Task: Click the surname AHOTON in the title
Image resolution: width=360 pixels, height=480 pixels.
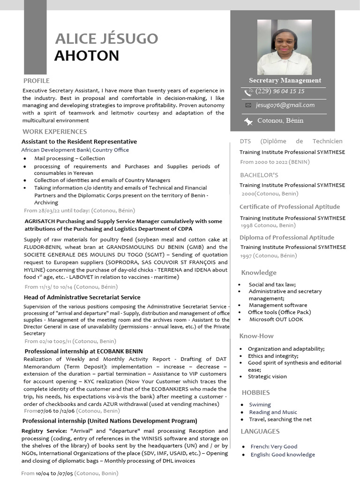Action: pyautogui.click(x=87, y=56)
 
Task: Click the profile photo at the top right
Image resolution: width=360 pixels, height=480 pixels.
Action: pyautogui.click(x=285, y=47)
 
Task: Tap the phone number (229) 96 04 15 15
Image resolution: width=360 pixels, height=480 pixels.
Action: pyautogui.click(x=280, y=91)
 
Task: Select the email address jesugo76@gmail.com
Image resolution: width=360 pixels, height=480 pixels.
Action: pyautogui.click(x=285, y=105)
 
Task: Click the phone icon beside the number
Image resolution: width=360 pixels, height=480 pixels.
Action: pyautogui.click(x=248, y=92)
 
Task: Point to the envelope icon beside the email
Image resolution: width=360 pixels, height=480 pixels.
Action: pyautogui.click(x=248, y=105)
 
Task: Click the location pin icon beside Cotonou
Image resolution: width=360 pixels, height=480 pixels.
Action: pyautogui.click(x=248, y=121)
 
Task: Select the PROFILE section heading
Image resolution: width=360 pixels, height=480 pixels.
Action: pyautogui.click(x=36, y=81)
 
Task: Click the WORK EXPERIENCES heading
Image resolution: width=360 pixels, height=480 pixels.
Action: pyautogui.click(x=55, y=132)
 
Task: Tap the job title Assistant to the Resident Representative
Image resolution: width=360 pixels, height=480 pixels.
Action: pyautogui.click(x=79, y=142)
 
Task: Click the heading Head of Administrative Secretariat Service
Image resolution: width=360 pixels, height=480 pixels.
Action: pyautogui.click(x=82, y=297)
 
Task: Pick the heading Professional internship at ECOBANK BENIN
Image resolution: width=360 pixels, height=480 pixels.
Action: pyautogui.click(x=83, y=351)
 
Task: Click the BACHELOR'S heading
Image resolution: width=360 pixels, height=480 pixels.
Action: pyautogui.click(x=259, y=175)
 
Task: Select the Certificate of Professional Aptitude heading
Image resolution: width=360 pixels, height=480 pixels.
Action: pyautogui.click(x=290, y=207)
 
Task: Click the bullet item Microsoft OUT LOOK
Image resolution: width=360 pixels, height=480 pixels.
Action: pyautogui.click(x=276, y=320)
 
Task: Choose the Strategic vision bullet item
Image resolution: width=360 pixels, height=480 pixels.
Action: pyautogui.click(x=267, y=376)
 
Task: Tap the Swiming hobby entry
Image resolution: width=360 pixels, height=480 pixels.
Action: pyautogui.click(x=260, y=405)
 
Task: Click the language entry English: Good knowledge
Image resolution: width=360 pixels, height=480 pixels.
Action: pyautogui.click(x=283, y=455)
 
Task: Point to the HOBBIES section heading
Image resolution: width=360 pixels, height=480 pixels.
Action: pyautogui.click(x=255, y=392)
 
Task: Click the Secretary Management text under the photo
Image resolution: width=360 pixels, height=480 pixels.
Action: pyautogui.click(x=285, y=81)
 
